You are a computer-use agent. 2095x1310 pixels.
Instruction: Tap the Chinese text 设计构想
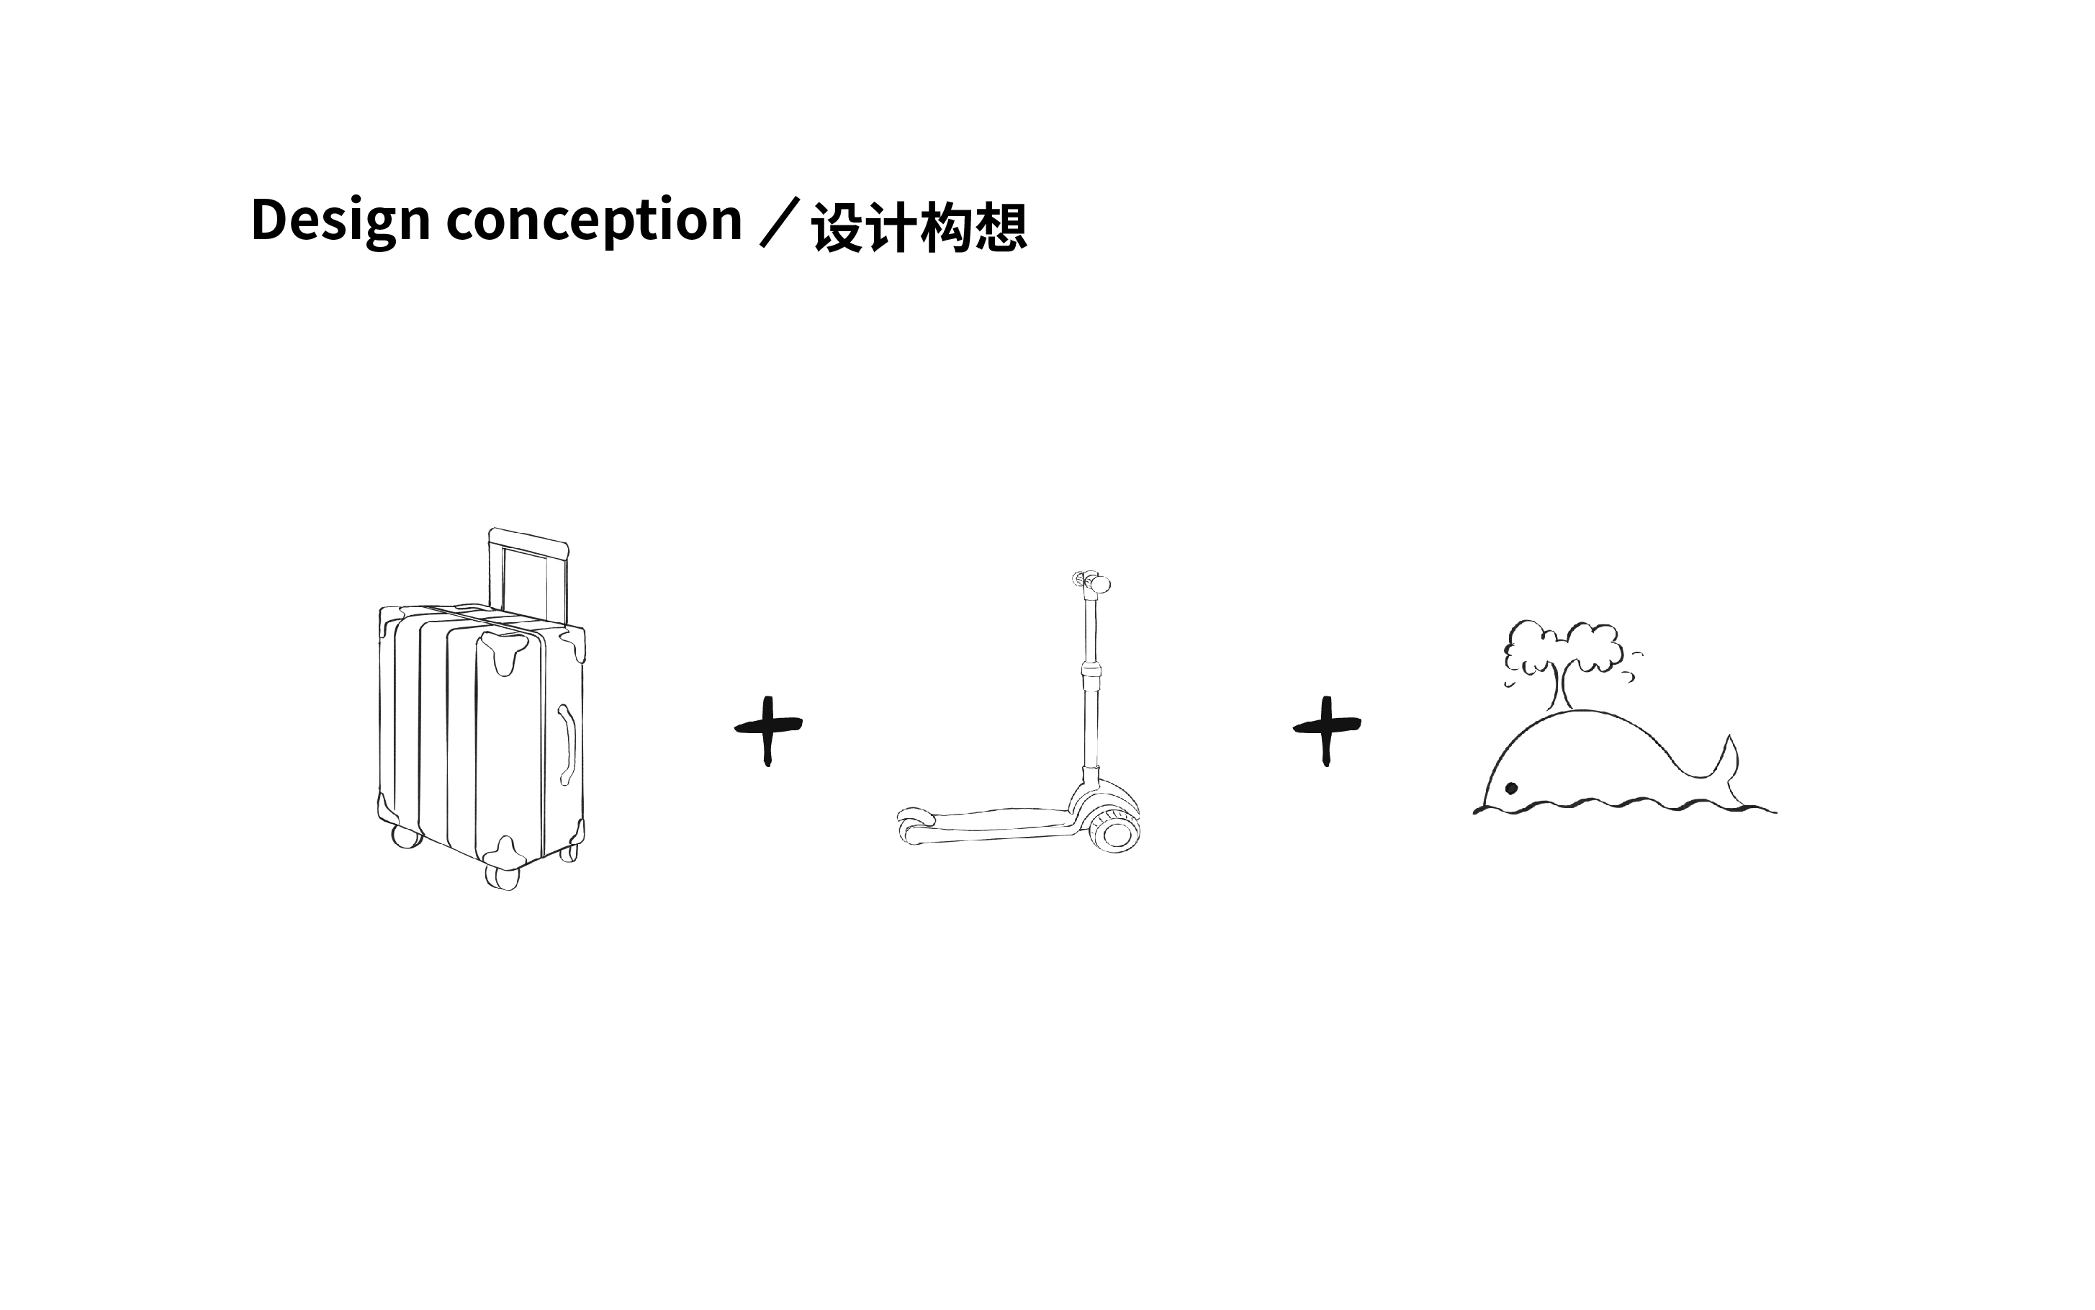click(919, 228)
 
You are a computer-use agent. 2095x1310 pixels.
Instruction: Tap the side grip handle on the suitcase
click(568, 743)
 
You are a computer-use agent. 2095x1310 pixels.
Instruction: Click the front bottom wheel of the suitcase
click(503, 876)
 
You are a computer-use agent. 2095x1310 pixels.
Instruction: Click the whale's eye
click(1511, 788)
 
